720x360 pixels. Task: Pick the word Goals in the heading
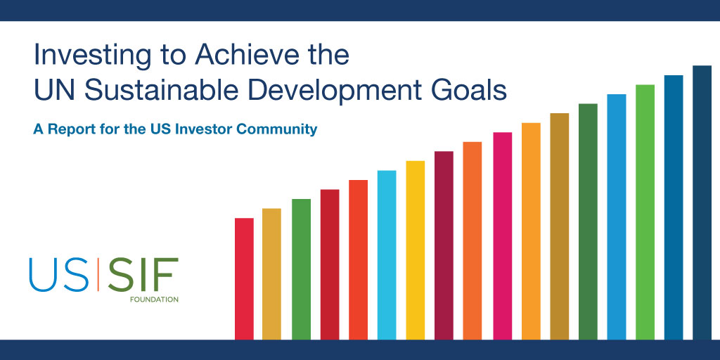click(470, 91)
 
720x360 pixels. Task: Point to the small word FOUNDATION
click(154, 300)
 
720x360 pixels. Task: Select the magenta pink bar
click(502, 236)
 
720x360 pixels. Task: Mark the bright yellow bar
click(416, 250)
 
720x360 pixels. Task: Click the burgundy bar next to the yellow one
click(444, 245)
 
